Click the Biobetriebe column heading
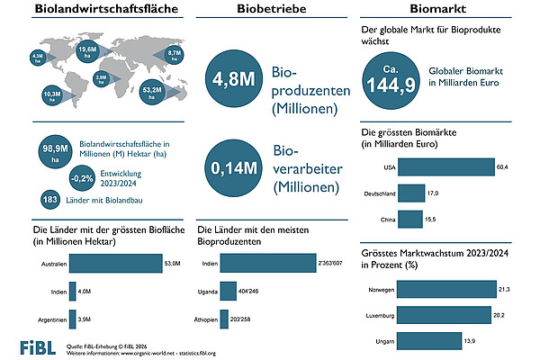269,11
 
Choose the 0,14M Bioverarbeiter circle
231,168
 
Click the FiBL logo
38,347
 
